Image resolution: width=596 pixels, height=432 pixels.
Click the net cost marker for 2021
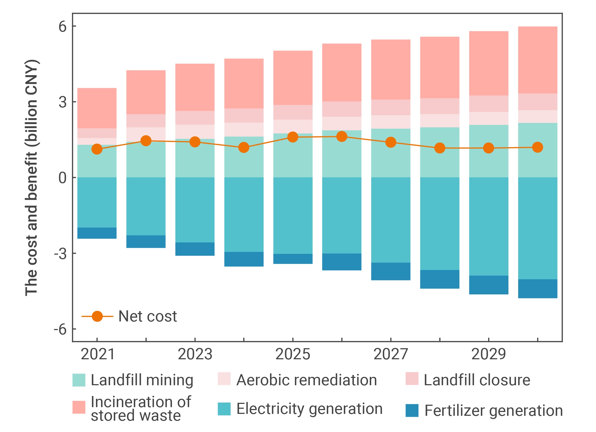97,149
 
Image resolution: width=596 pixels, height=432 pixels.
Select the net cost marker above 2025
293,137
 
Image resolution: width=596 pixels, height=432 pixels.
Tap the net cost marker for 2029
488,148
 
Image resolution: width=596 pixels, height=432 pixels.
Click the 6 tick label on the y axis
62,26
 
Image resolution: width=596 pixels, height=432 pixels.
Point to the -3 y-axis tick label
60,254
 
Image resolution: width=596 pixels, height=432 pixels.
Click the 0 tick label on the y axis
62,178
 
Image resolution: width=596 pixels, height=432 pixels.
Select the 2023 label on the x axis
195,354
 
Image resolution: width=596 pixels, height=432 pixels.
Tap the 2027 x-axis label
391,354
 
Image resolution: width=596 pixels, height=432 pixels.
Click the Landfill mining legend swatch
79,380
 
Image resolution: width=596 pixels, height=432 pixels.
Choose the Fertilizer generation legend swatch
412,410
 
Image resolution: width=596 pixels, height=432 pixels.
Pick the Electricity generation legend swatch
224,409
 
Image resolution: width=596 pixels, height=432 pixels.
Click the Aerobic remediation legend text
307,380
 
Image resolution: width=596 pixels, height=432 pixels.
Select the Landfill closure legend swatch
412,378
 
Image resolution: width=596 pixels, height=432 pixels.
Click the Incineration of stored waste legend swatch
79,407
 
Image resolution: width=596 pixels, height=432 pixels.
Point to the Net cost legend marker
97,316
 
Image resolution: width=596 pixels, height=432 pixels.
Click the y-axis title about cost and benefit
32,178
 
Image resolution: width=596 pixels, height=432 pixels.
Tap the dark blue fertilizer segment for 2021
97,233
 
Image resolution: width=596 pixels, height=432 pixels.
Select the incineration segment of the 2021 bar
97,108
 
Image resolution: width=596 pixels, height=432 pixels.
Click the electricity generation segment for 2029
488,226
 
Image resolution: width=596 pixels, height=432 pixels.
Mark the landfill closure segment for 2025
293,112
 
